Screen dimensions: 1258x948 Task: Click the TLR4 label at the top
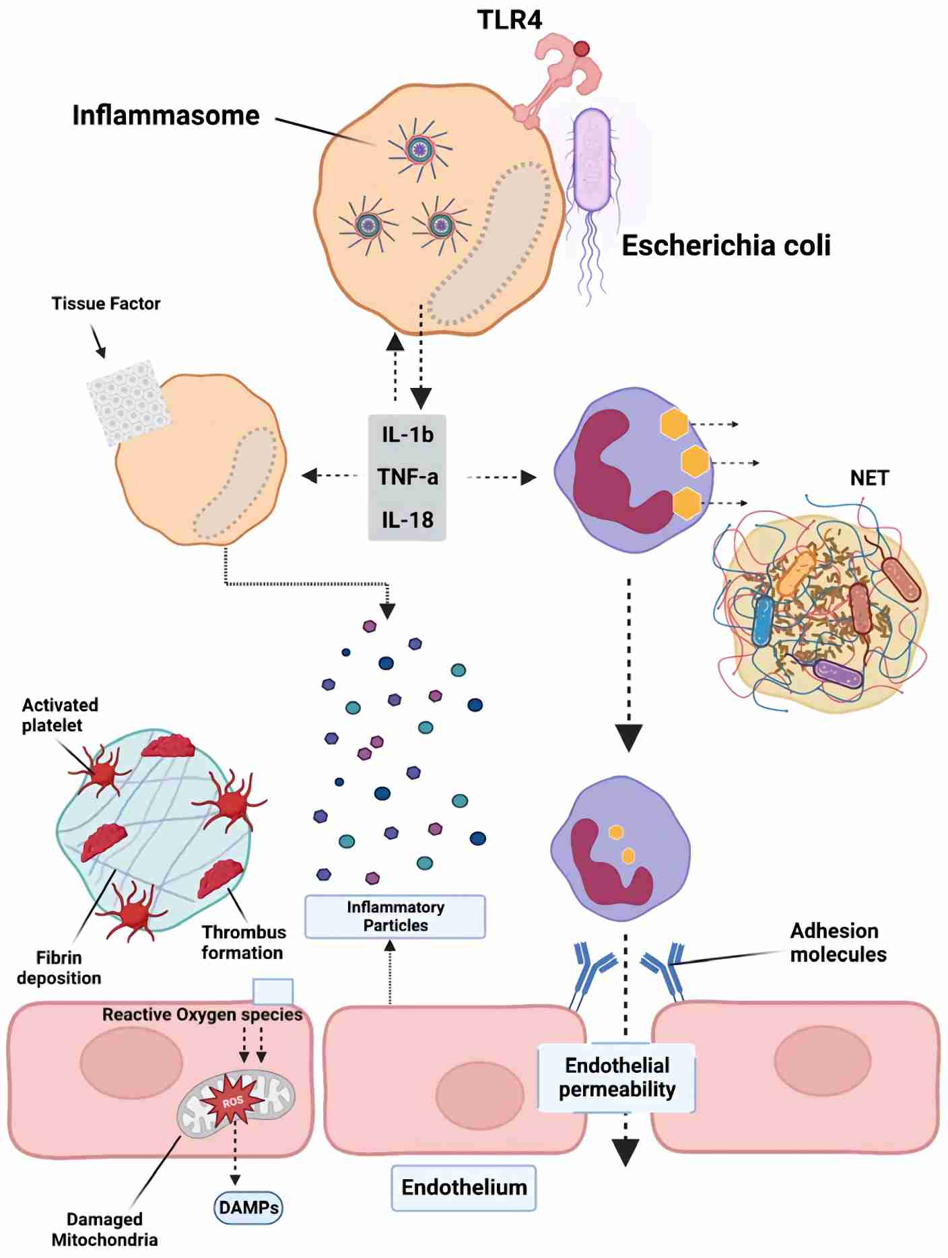click(509, 20)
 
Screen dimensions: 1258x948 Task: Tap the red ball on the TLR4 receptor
click(582, 48)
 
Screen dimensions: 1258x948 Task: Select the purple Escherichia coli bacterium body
click(592, 159)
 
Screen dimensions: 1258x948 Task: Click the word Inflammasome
click(166, 115)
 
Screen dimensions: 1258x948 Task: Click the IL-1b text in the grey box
click(407, 435)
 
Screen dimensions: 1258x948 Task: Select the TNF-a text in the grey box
click(407, 477)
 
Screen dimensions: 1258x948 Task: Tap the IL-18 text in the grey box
click(407, 520)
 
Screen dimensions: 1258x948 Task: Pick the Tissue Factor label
click(106, 304)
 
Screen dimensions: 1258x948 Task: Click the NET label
click(869, 478)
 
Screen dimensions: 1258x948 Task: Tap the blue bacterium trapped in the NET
click(763, 620)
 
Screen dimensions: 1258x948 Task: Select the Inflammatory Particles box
click(395, 917)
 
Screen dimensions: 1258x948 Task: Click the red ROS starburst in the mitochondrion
click(233, 1102)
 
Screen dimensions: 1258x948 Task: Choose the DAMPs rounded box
click(248, 1207)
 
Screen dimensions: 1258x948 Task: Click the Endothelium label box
click(464, 1187)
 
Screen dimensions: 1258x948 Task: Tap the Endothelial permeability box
click(617, 1078)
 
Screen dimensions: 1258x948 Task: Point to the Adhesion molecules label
click(837, 943)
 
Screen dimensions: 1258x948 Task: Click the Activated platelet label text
click(59, 715)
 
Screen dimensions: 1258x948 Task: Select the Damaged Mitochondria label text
click(104, 1229)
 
